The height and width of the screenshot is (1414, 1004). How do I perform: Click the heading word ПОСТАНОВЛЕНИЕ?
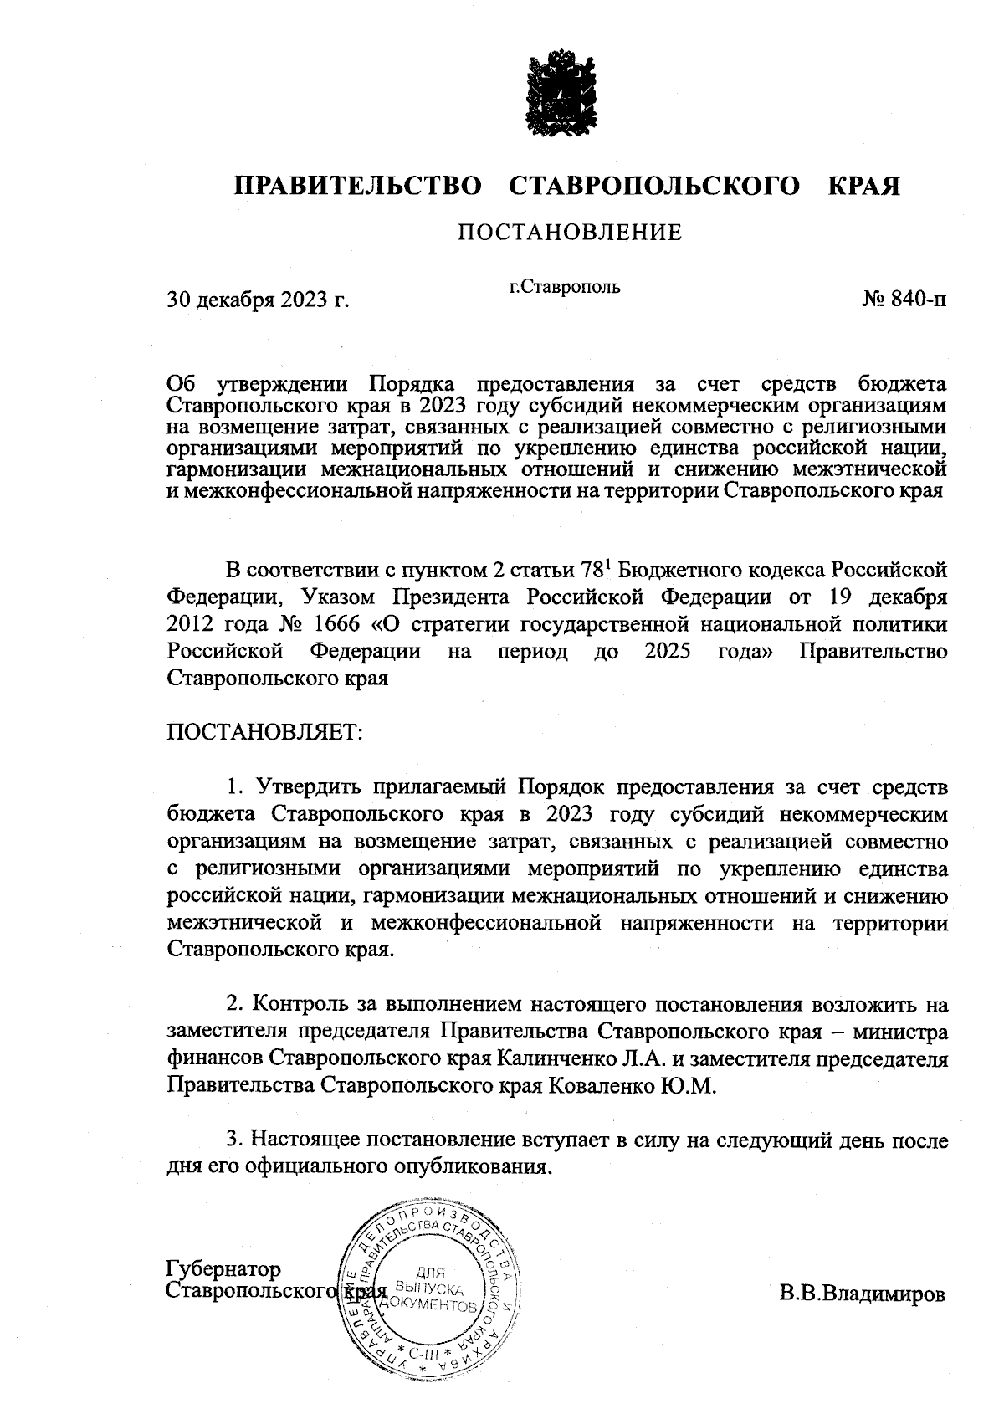[569, 232]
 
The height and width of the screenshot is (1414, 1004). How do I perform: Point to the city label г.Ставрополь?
[565, 287]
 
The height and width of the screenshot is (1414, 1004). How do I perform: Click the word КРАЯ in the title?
[864, 185]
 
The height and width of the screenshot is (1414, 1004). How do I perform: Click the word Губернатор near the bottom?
[224, 1268]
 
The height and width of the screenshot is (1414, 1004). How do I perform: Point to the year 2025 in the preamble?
[668, 651]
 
